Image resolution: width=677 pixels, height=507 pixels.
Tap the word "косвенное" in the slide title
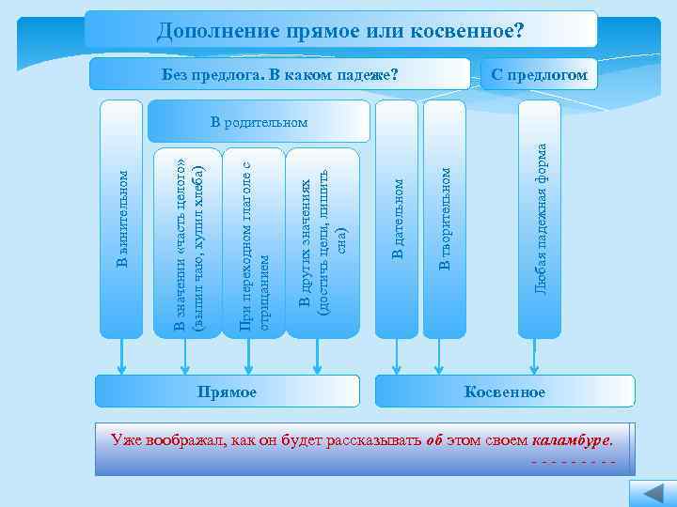(x=463, y=31)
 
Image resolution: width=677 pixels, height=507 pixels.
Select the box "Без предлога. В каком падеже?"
(x=280, y=74)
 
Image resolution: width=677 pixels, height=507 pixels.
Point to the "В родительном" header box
(x=259, y=122)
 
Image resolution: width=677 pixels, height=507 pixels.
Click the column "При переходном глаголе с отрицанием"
(x=254, y=242)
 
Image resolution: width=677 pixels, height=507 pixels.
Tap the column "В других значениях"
(x=322, y=242)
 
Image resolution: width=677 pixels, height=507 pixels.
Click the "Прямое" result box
(x=228, y=392)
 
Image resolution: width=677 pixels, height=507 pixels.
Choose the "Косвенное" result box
(x=505, y=392)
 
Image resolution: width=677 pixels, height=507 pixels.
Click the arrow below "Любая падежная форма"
(x=539, y=356)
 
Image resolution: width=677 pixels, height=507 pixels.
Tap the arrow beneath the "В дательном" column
(x=397, y=356)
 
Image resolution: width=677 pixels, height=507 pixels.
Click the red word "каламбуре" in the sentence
(x=572, y=438)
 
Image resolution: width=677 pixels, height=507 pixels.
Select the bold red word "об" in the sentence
(x=433, y=438)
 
